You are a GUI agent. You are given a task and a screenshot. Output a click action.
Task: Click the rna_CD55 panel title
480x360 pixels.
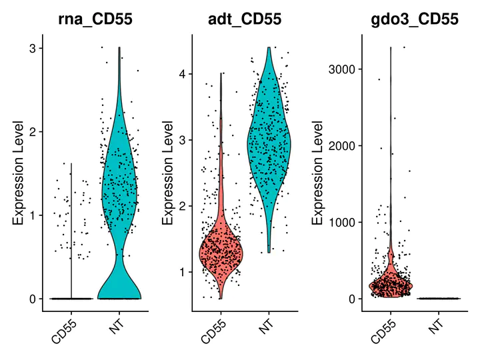[93, 19]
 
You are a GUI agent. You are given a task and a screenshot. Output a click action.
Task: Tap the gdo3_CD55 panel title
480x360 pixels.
[415, 19]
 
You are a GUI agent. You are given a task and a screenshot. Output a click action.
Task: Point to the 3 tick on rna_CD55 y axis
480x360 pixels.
[31, 48]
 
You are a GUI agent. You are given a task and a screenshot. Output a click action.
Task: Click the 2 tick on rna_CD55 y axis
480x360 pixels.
[31, 131]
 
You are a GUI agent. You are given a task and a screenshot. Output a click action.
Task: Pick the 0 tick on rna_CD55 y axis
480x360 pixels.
[31, 299]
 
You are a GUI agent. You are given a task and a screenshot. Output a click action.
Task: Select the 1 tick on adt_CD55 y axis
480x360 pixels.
[181, 271]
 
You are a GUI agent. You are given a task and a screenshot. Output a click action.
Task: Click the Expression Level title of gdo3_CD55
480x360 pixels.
[318, 173]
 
